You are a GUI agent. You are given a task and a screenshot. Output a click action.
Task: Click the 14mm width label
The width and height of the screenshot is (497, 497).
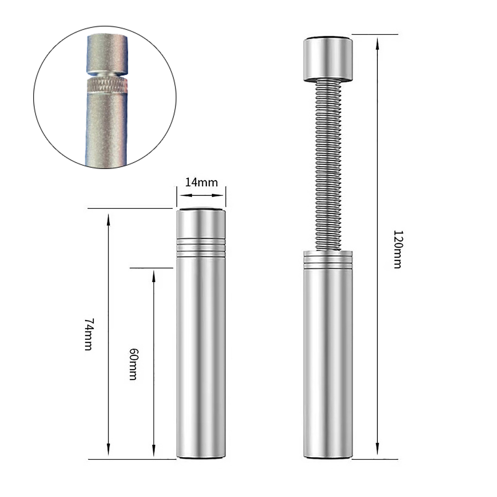(201, 182)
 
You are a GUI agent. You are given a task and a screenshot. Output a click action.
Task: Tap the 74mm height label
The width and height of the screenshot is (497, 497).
(89, 334)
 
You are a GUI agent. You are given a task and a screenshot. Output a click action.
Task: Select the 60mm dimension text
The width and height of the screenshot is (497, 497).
(133, 364)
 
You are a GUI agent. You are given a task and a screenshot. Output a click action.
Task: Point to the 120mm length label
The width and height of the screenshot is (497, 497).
(398, 249)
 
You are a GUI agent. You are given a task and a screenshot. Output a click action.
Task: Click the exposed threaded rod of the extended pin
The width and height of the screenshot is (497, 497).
(328, 165)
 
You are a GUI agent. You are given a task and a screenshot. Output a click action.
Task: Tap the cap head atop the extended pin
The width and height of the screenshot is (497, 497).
(328, 59)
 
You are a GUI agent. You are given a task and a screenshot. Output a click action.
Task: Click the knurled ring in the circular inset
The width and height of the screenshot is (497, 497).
(107, 85)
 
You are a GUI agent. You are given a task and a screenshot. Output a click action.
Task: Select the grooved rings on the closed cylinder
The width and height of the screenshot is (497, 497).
(201, 248)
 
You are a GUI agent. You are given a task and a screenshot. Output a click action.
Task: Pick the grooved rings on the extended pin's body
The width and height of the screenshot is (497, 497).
(328, 260)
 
